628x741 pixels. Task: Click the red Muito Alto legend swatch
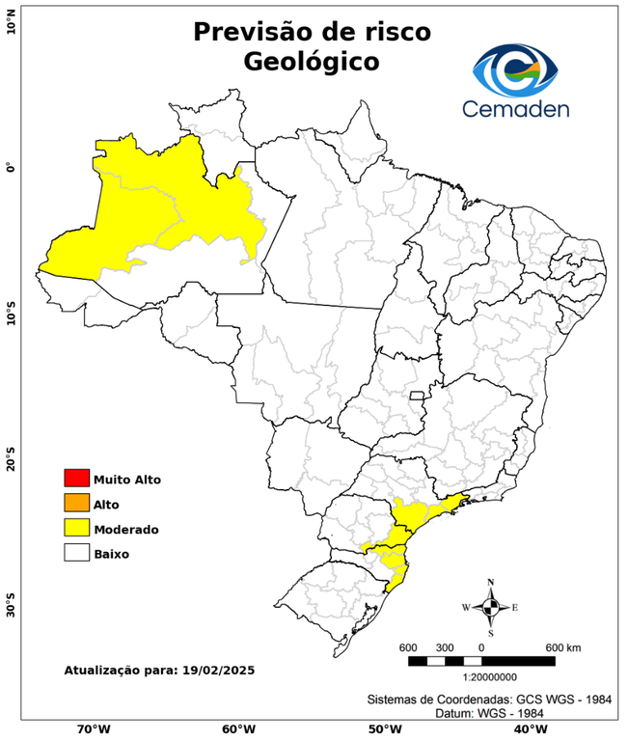click(x=76, y=478)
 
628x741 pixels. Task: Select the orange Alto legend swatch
click(x=76, y=503)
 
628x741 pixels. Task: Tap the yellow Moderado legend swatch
click(x=76, y=528)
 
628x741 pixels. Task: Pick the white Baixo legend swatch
click(x=76, y=553)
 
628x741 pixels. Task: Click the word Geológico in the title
click(x=312, y=62)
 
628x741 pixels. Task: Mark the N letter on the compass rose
click(x=491, y=582)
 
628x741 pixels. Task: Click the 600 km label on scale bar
click(x=563, y=646)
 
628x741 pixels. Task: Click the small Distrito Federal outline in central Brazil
click(x=418, y=396)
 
